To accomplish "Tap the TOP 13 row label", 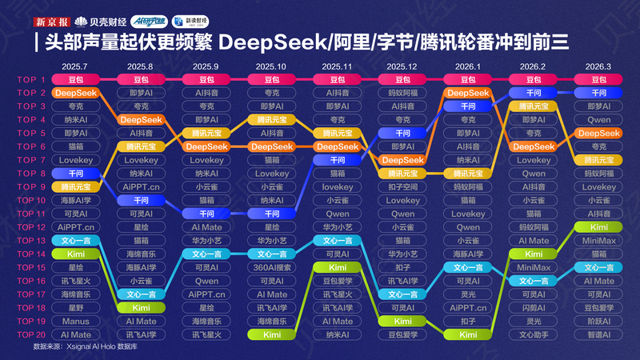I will [32, 241].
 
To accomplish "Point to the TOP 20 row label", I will [32, 334].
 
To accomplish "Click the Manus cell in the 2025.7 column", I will [76, 321].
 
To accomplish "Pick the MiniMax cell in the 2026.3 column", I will [598, 241].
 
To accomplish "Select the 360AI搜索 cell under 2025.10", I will [272, 267].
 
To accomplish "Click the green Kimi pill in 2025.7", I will [76, 254].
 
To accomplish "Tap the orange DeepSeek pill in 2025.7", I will [76, 93].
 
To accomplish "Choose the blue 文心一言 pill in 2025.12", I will [402, 294].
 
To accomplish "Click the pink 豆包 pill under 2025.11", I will [337, 79].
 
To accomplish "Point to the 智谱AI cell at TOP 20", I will [598, 334].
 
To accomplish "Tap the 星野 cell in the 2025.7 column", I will [76, 307].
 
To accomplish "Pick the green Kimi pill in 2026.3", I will [598, 227].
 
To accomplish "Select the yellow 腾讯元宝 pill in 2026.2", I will [533, 106].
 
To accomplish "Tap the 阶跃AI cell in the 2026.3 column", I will [598, 321].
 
